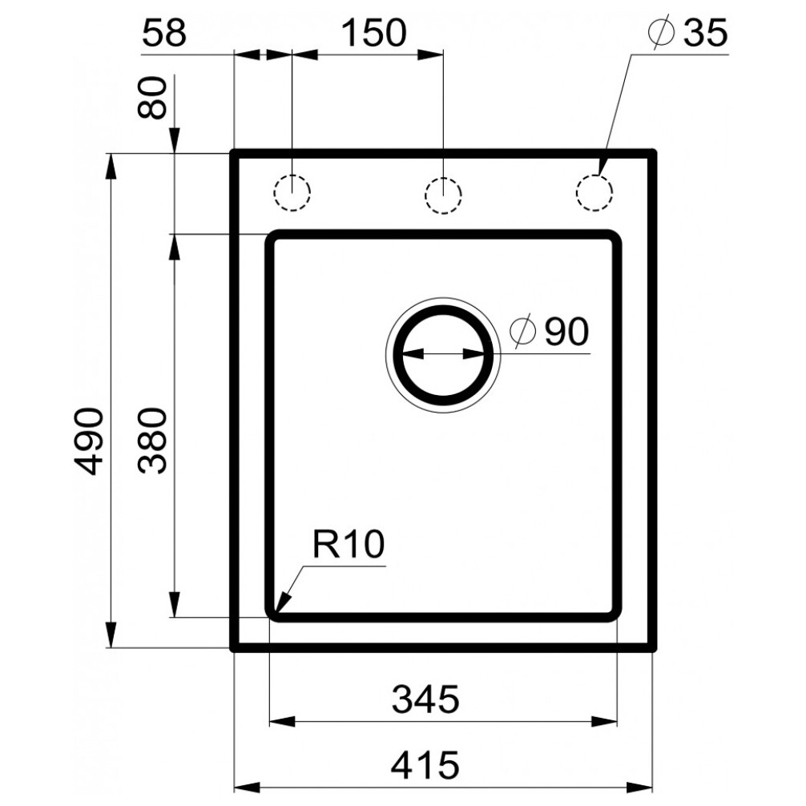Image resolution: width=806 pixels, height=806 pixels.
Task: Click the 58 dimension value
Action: click(x=163, y=34)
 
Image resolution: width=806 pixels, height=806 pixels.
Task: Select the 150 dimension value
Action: click(x=374, y=34)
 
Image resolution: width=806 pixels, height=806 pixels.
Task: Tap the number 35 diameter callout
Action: click(x=704, y=34)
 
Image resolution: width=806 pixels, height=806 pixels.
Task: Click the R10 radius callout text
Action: click(x=349, y=546)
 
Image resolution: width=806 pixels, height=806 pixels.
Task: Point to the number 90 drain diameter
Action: click(x=566, y=330)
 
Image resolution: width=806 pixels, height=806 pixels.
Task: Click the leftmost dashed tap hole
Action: click(x=292, y=192)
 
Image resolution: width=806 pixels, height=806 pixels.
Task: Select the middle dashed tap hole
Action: click(x=443, y=193)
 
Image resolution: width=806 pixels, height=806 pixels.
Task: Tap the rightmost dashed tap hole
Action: click(x=594, y=192)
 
